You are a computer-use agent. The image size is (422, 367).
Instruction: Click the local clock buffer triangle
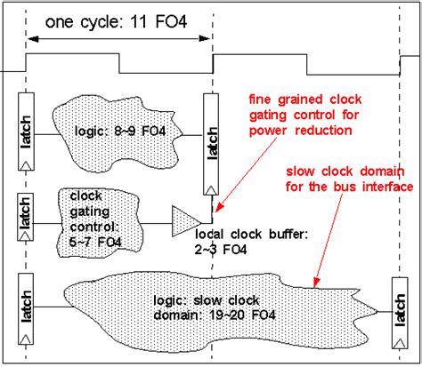tap(185, 221)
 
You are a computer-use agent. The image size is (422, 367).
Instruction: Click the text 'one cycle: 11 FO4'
tap(116, 22)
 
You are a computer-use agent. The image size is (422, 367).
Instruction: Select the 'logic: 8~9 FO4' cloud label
tap(120, 131)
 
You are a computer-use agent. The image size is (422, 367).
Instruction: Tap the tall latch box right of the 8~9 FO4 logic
tap(211, 144)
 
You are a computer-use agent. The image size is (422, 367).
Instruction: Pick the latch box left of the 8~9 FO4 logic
tap(26, 132)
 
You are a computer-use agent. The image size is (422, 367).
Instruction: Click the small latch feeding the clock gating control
tap(26, 217)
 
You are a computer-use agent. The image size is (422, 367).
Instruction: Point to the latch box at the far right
tap(400, 313)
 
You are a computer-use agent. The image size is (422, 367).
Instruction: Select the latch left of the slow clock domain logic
tap(26, 308)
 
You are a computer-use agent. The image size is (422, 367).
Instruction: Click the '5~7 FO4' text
tap(95, 243)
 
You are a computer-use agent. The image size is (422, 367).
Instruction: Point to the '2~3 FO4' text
tap(221, 250)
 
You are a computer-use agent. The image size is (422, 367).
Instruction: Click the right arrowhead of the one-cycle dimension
tap(205, 38)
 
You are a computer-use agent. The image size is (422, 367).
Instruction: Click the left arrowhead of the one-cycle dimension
tap(33, 38)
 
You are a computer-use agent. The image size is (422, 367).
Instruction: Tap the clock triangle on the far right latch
tap(400, 343)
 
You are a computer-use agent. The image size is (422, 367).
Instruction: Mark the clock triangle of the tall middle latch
tap(211, 190)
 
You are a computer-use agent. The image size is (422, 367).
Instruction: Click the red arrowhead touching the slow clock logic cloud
tap(316, 283)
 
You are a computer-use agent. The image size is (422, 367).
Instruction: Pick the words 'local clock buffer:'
tap(251, 235)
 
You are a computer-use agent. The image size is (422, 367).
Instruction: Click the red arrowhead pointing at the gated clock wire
tap(218, 207)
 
